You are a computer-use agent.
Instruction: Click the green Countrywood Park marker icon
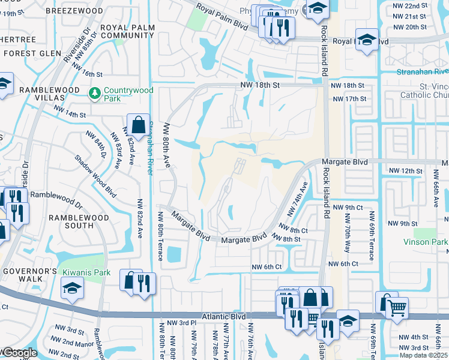click(94, 94)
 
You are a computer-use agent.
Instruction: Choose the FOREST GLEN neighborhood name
click(29, 53)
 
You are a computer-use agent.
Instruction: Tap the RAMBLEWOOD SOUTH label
click(79, 221)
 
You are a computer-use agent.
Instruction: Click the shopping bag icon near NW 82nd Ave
click(138, 125)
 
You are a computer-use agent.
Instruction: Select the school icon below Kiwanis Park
click(72, 289)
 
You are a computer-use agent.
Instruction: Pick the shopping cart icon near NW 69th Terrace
click(397, 308)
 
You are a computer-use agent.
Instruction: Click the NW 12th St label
click(406, 171)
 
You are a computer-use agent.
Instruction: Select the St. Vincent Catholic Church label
click(423, 90)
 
